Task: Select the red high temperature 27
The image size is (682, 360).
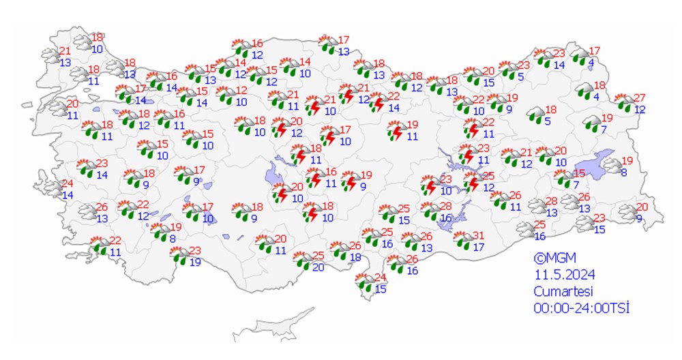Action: point(639,97)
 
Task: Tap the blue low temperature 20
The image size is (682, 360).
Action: point(318,267)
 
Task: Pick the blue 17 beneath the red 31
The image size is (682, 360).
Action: point(478,247)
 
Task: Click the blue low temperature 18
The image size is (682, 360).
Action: point(355,257)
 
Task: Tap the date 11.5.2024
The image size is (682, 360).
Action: point(564,275)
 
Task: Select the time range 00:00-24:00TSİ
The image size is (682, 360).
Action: point(580,307)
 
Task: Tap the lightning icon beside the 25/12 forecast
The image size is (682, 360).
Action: point(471,183)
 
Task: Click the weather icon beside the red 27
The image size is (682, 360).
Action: point(623,103)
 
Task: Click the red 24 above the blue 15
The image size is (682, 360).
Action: point(381,277)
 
